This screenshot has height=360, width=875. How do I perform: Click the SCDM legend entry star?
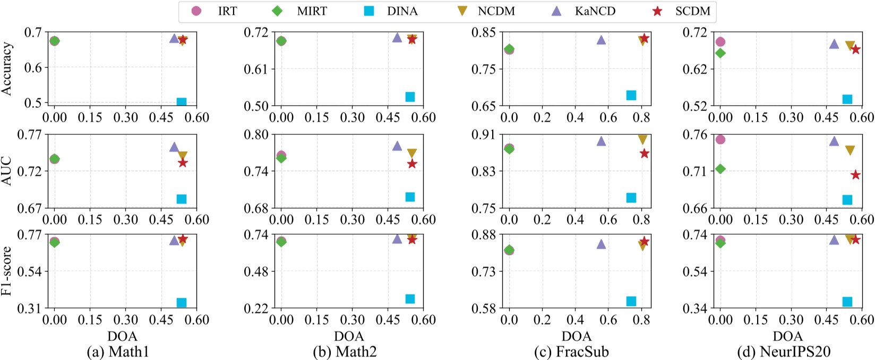point(657,11)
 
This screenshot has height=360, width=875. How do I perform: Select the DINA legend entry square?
point(369,11)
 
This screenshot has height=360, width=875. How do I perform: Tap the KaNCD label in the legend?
point(595,11)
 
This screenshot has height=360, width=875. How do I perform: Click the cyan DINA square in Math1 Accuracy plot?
point(181,102)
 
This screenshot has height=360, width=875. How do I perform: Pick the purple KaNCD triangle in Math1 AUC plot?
point(174,147)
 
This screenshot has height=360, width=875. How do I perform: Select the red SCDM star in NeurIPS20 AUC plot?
point(855,175)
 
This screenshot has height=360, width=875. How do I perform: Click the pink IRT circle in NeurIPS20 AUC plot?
point(720,140)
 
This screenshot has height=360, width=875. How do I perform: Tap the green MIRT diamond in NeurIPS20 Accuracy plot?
point(720,53)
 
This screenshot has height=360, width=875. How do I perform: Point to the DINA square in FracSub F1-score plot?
point(631,301)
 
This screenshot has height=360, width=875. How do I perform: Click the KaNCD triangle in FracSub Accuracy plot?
point(601,40)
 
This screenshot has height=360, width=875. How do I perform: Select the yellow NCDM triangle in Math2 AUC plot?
point(411,153)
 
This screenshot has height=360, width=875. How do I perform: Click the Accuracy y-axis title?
point(7,69)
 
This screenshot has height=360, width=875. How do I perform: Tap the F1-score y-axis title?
point(7,271)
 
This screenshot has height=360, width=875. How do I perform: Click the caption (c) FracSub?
point(576,352)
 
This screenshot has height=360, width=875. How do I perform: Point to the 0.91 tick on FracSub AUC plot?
point(484,134)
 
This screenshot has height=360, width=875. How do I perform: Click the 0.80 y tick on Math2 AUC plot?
point(256,134)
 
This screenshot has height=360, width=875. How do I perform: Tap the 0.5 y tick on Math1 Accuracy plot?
point(33,102)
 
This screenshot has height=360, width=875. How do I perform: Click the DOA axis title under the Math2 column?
point(349,336)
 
